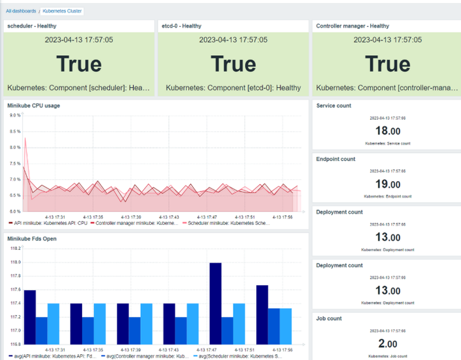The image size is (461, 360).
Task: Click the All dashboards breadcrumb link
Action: [x=21, y=11]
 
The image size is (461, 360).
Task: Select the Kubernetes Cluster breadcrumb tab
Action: [x=62, y=11]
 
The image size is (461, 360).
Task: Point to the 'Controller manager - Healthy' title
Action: [x=352, y=26]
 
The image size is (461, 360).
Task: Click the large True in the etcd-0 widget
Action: [x=233, y=64]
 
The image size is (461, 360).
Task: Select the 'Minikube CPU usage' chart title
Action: [x=33, y=105]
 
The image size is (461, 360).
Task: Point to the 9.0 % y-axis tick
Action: [x=14, y=116]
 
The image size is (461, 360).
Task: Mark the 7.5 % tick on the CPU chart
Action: [x=14, y=163]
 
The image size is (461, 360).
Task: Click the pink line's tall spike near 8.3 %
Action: [x=25, y=138]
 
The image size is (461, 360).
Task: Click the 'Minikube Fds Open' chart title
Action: [x=32, y=238]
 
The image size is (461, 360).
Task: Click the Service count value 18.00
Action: [x=387, y=131]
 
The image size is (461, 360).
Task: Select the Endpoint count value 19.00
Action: [x=387, y=184]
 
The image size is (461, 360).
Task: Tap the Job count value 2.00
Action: [x=387, y=344]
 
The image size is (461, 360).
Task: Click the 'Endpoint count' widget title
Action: [x=336, y=159]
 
